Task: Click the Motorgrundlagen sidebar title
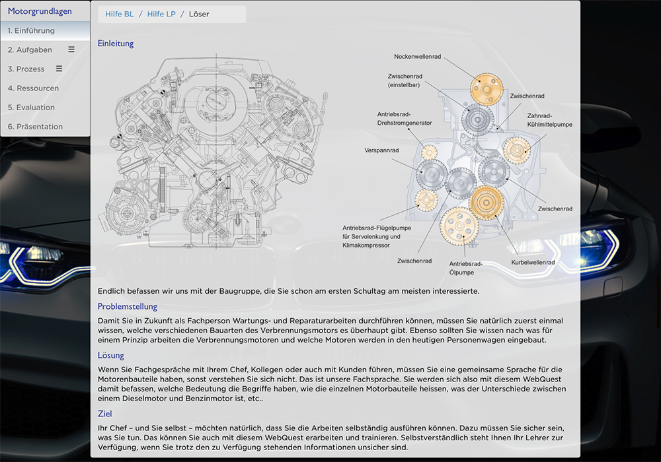click(40, 11)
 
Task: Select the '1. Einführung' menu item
click(31, 30)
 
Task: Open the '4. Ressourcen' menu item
click(33, 88)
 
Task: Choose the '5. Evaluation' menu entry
click(31, 107)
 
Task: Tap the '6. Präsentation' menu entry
click(35, 126)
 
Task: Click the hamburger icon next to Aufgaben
click(71, 49)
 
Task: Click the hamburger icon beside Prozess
click(59, 69)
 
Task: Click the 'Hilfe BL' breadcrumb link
click(119, 14)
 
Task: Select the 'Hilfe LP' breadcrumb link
click(161, 14)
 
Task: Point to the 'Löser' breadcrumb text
click(199, 14)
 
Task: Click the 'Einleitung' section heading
click(116, 44)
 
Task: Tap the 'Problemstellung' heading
click(128, 306)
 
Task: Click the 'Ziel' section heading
click(105, 414)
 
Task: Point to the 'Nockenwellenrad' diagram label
click(417, 56)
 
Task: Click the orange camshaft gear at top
click(486, 87)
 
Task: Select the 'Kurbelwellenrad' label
click(533, 262)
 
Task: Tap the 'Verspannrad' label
click(381, 150)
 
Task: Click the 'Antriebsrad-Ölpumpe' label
click(466, 268)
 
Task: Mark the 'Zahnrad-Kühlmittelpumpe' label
click(549, 119)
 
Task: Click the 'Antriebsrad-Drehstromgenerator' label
click(405, 118)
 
